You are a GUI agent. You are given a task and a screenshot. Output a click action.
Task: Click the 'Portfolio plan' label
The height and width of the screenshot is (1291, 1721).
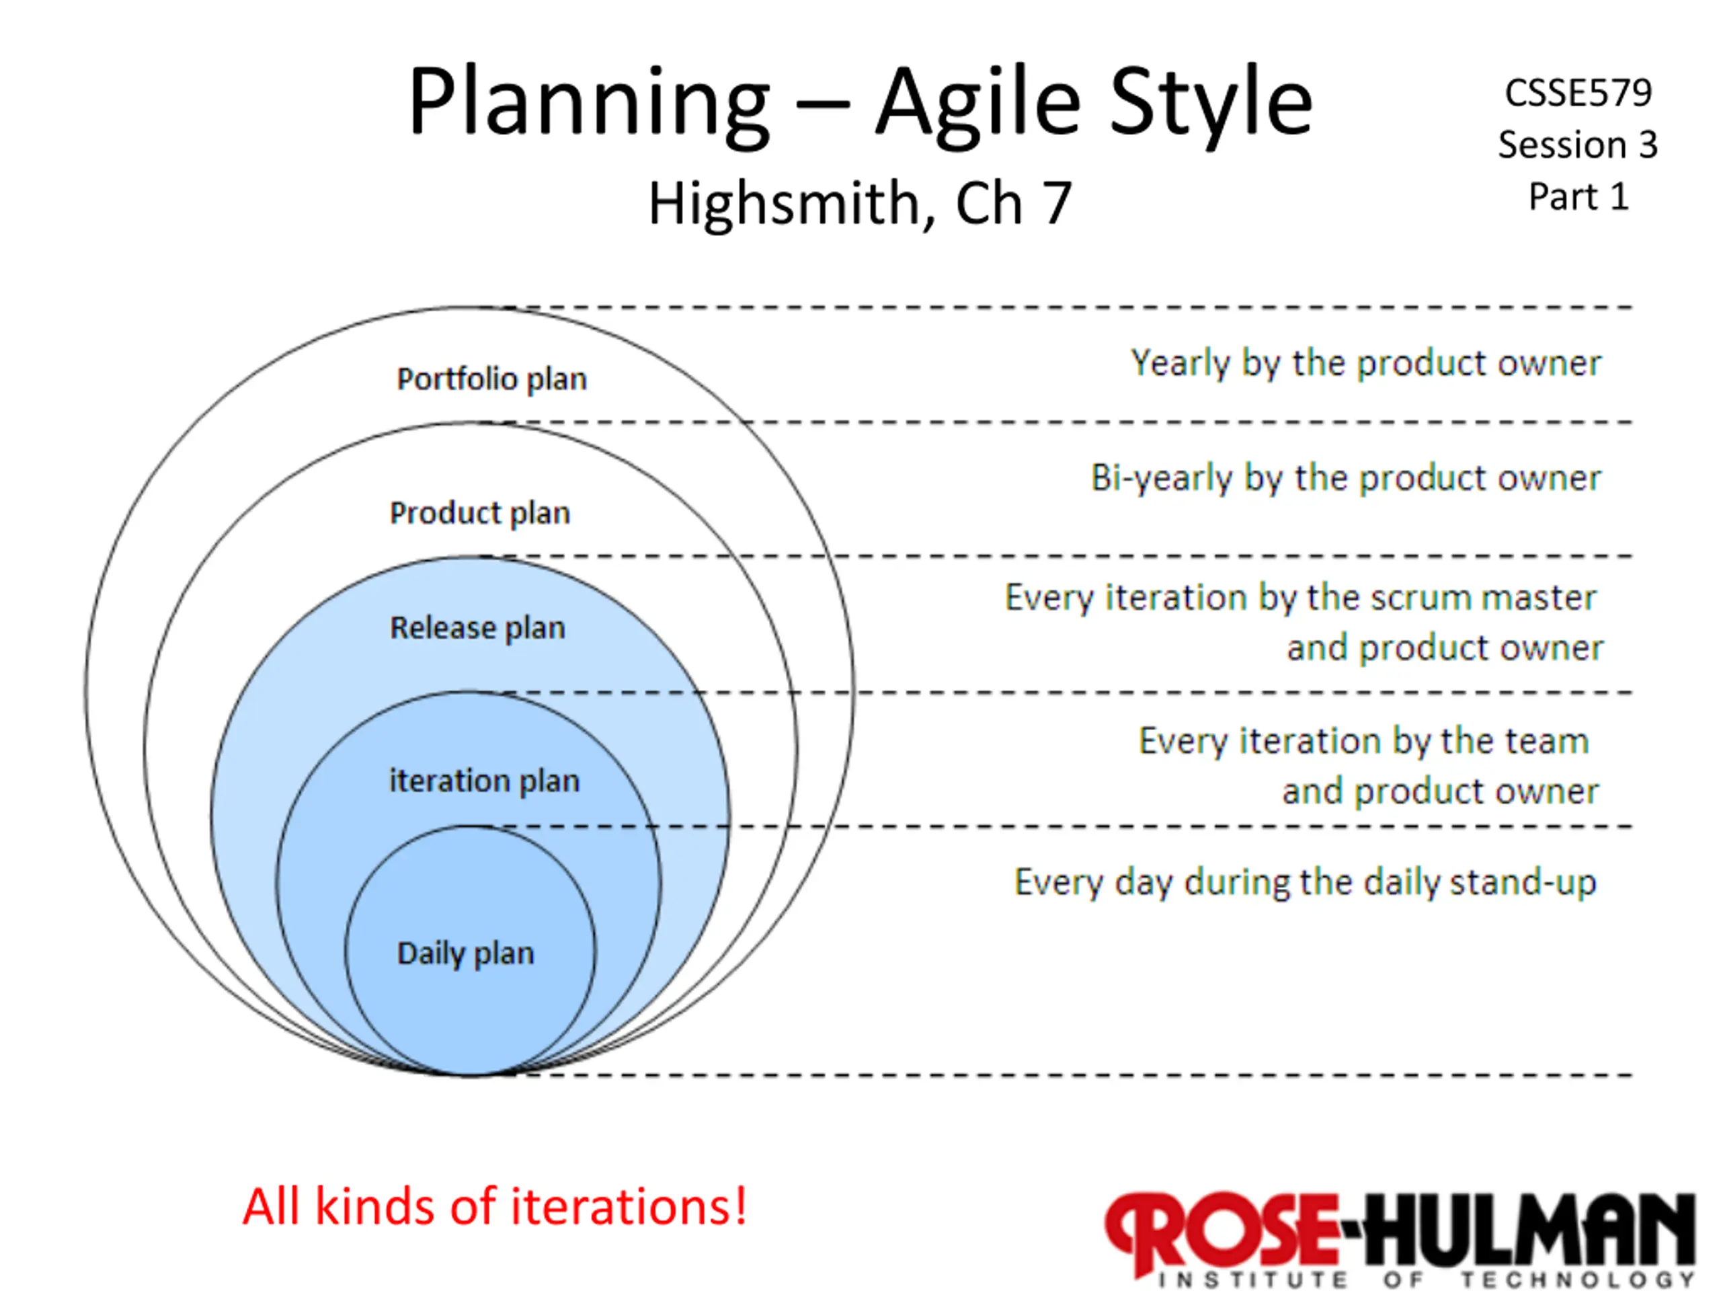[x=491, y=380]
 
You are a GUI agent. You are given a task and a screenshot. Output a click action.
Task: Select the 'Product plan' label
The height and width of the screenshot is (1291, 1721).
[x=480, y=514]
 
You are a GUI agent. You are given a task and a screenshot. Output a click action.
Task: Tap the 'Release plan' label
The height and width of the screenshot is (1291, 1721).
[x=477, y=628]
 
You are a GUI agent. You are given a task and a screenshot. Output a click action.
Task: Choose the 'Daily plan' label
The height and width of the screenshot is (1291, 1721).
[x=465, y=954]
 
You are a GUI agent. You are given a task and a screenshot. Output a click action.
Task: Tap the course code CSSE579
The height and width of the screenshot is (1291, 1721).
[x=1578, y=93]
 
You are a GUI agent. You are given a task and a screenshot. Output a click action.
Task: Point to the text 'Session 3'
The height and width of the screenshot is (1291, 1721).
[x=1578, y=145]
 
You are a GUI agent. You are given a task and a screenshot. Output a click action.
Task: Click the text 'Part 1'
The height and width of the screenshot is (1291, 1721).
[x=1578, y=196]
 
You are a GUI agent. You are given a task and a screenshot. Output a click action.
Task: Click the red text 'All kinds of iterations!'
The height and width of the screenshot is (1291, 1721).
[x=495, y=1207]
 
